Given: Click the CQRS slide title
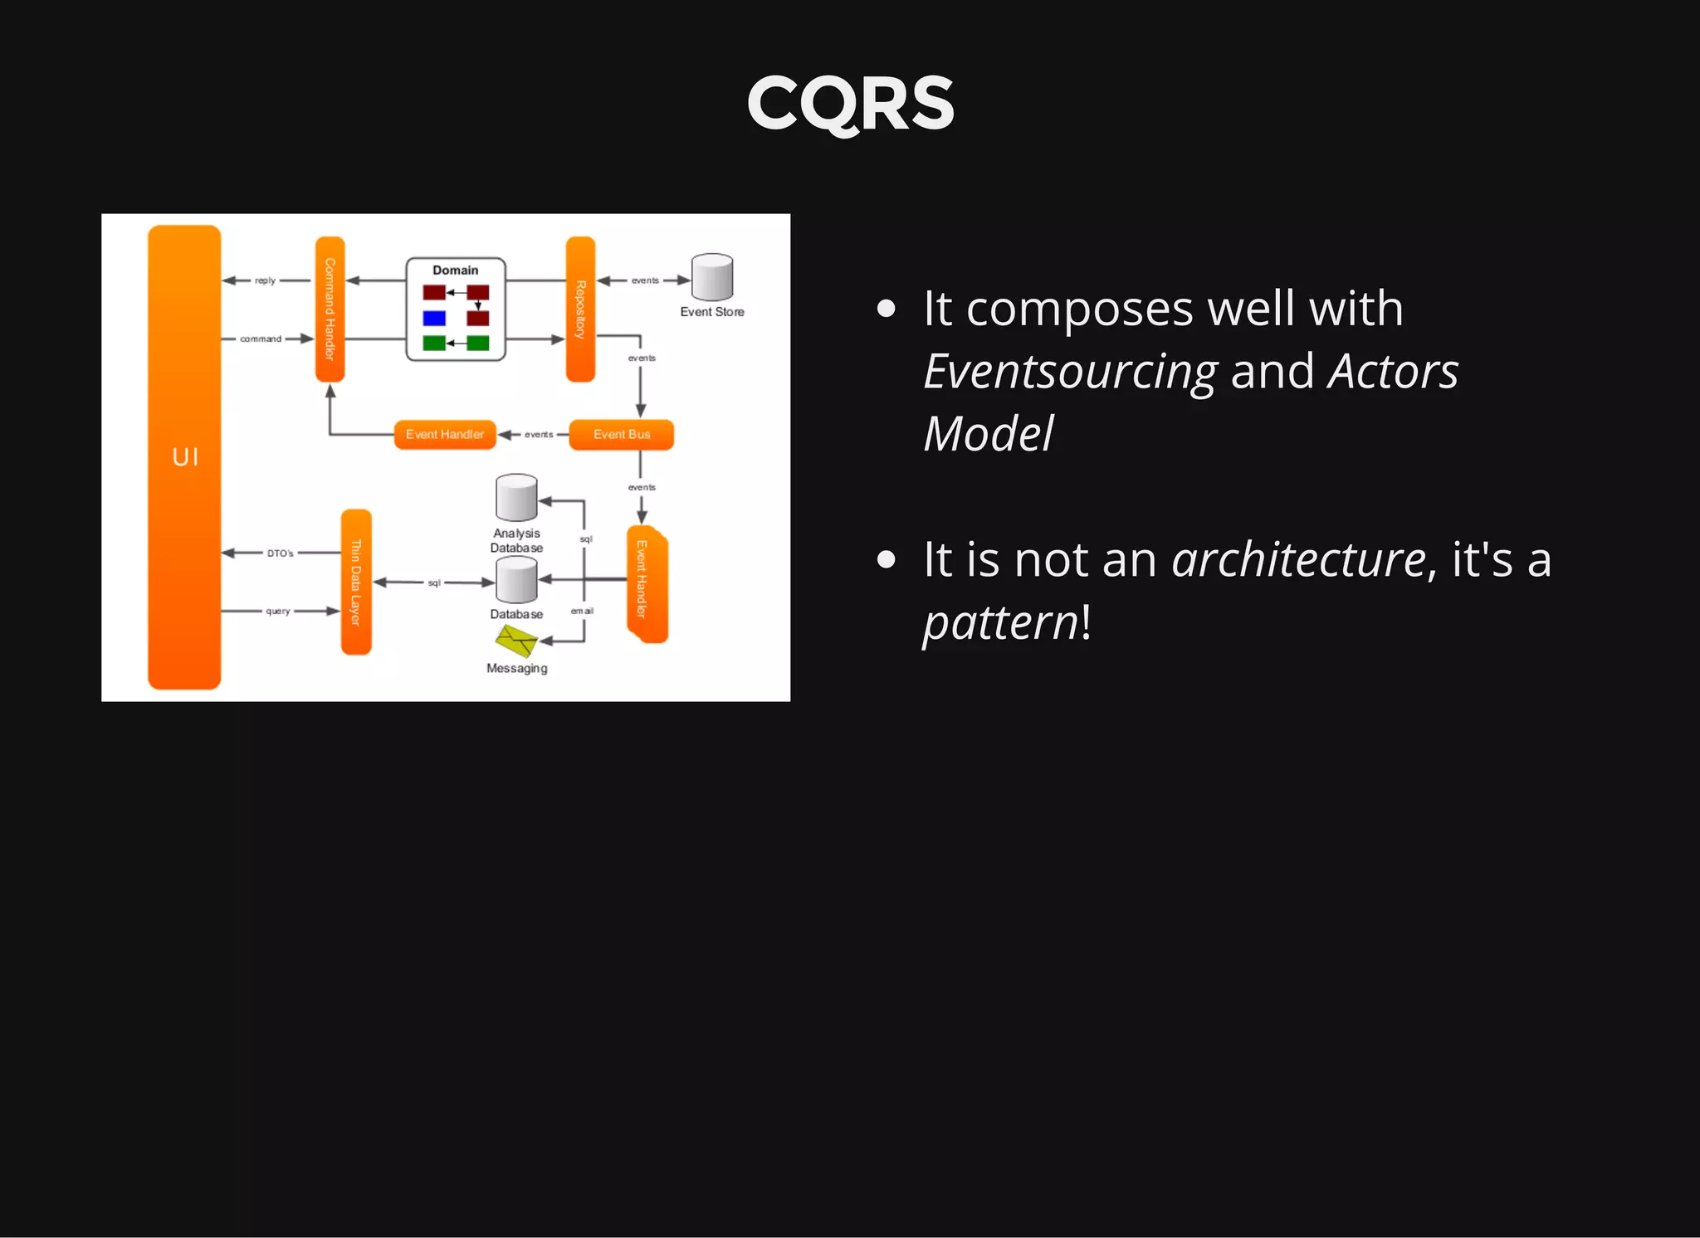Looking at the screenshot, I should coord(850,104).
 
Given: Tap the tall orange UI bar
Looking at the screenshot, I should coord(184,456).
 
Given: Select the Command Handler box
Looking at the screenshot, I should coord(330,309).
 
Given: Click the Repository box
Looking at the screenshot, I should coord(580,309).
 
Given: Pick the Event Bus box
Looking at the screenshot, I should coord(621,434).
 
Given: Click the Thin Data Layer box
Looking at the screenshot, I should coord(356,582).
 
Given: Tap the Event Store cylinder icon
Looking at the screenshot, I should coord(712,277).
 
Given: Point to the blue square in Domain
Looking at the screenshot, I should coord(434,318).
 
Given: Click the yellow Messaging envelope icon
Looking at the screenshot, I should coord(516,641).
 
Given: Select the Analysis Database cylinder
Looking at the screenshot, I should coord(516,498).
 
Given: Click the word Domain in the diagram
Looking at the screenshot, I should coord(455,271).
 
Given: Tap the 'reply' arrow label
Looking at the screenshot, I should coord(265,280).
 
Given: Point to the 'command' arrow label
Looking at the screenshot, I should coord(261,339).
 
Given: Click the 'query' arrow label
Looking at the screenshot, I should coord(277,612).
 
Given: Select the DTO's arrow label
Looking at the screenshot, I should coord(280,553).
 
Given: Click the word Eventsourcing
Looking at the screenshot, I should coord(1070,371).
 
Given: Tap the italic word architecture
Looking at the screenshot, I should coord(1298,559).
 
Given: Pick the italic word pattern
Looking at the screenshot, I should coord(1000,622).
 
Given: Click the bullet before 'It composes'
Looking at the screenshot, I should coord(886,309).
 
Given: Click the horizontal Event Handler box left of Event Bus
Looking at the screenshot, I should coord(445,434).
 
